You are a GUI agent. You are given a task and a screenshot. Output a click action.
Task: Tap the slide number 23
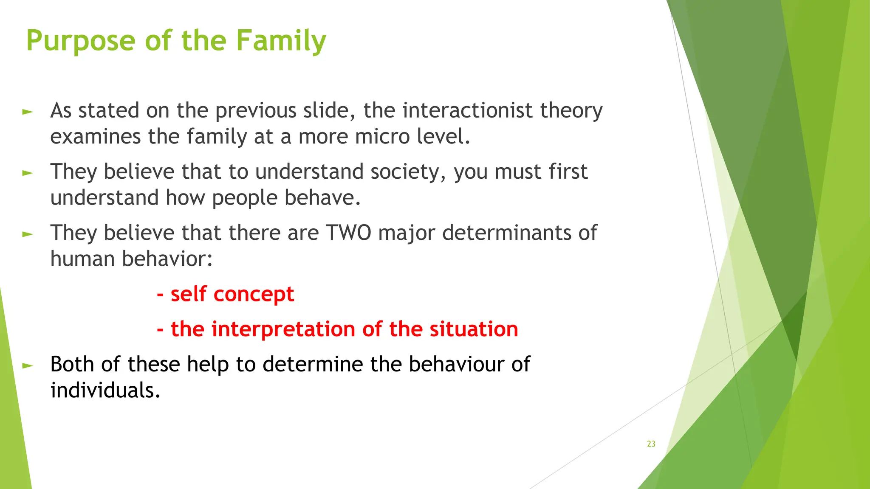pyautogui.click(x=651, y=444)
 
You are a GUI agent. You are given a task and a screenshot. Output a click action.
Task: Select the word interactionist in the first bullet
pyautogui.click(x=467, y=110)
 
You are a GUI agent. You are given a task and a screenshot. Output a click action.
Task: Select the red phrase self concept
pyautogui.click(x=232, y=294)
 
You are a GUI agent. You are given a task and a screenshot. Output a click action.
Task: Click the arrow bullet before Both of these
pyautogui.click(x=28, y=365)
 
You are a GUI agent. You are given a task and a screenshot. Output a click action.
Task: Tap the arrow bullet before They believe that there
pyautogui.click(x=28, y=234)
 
